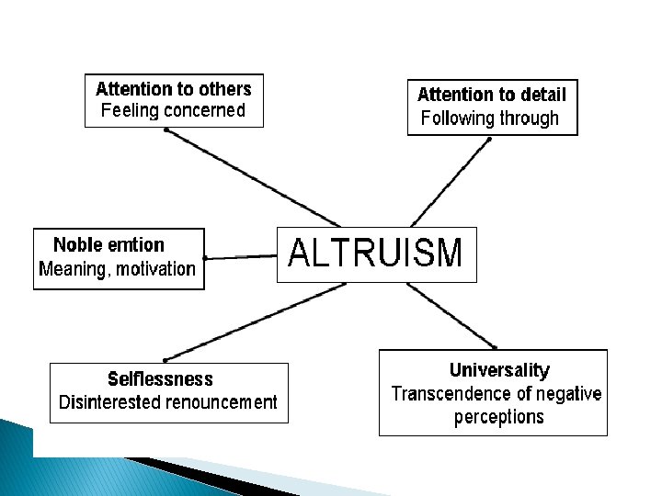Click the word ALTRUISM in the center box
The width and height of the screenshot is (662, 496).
pos(376,253)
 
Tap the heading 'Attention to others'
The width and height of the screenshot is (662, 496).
pos(173,89)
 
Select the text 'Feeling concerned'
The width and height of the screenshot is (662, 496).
pos(173,111)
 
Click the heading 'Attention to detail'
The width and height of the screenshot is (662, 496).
pos(492,95)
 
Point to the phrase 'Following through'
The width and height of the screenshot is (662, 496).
pos(489,118)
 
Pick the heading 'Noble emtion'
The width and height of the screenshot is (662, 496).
pos(108,245)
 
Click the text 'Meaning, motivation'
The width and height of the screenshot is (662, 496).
pos(118,269)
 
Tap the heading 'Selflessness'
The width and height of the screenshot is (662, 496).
pos(160,379)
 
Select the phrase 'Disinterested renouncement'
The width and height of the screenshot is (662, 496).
pos(167,402)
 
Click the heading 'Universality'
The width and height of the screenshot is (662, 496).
pos(499,371)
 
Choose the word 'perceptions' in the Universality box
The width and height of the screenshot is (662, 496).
pos(499,417)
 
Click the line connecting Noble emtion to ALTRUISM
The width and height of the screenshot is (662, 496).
pos(241,257)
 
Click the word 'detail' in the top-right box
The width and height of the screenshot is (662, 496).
pos(543,95)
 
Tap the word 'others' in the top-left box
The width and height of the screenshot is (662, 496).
pos(226,89)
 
